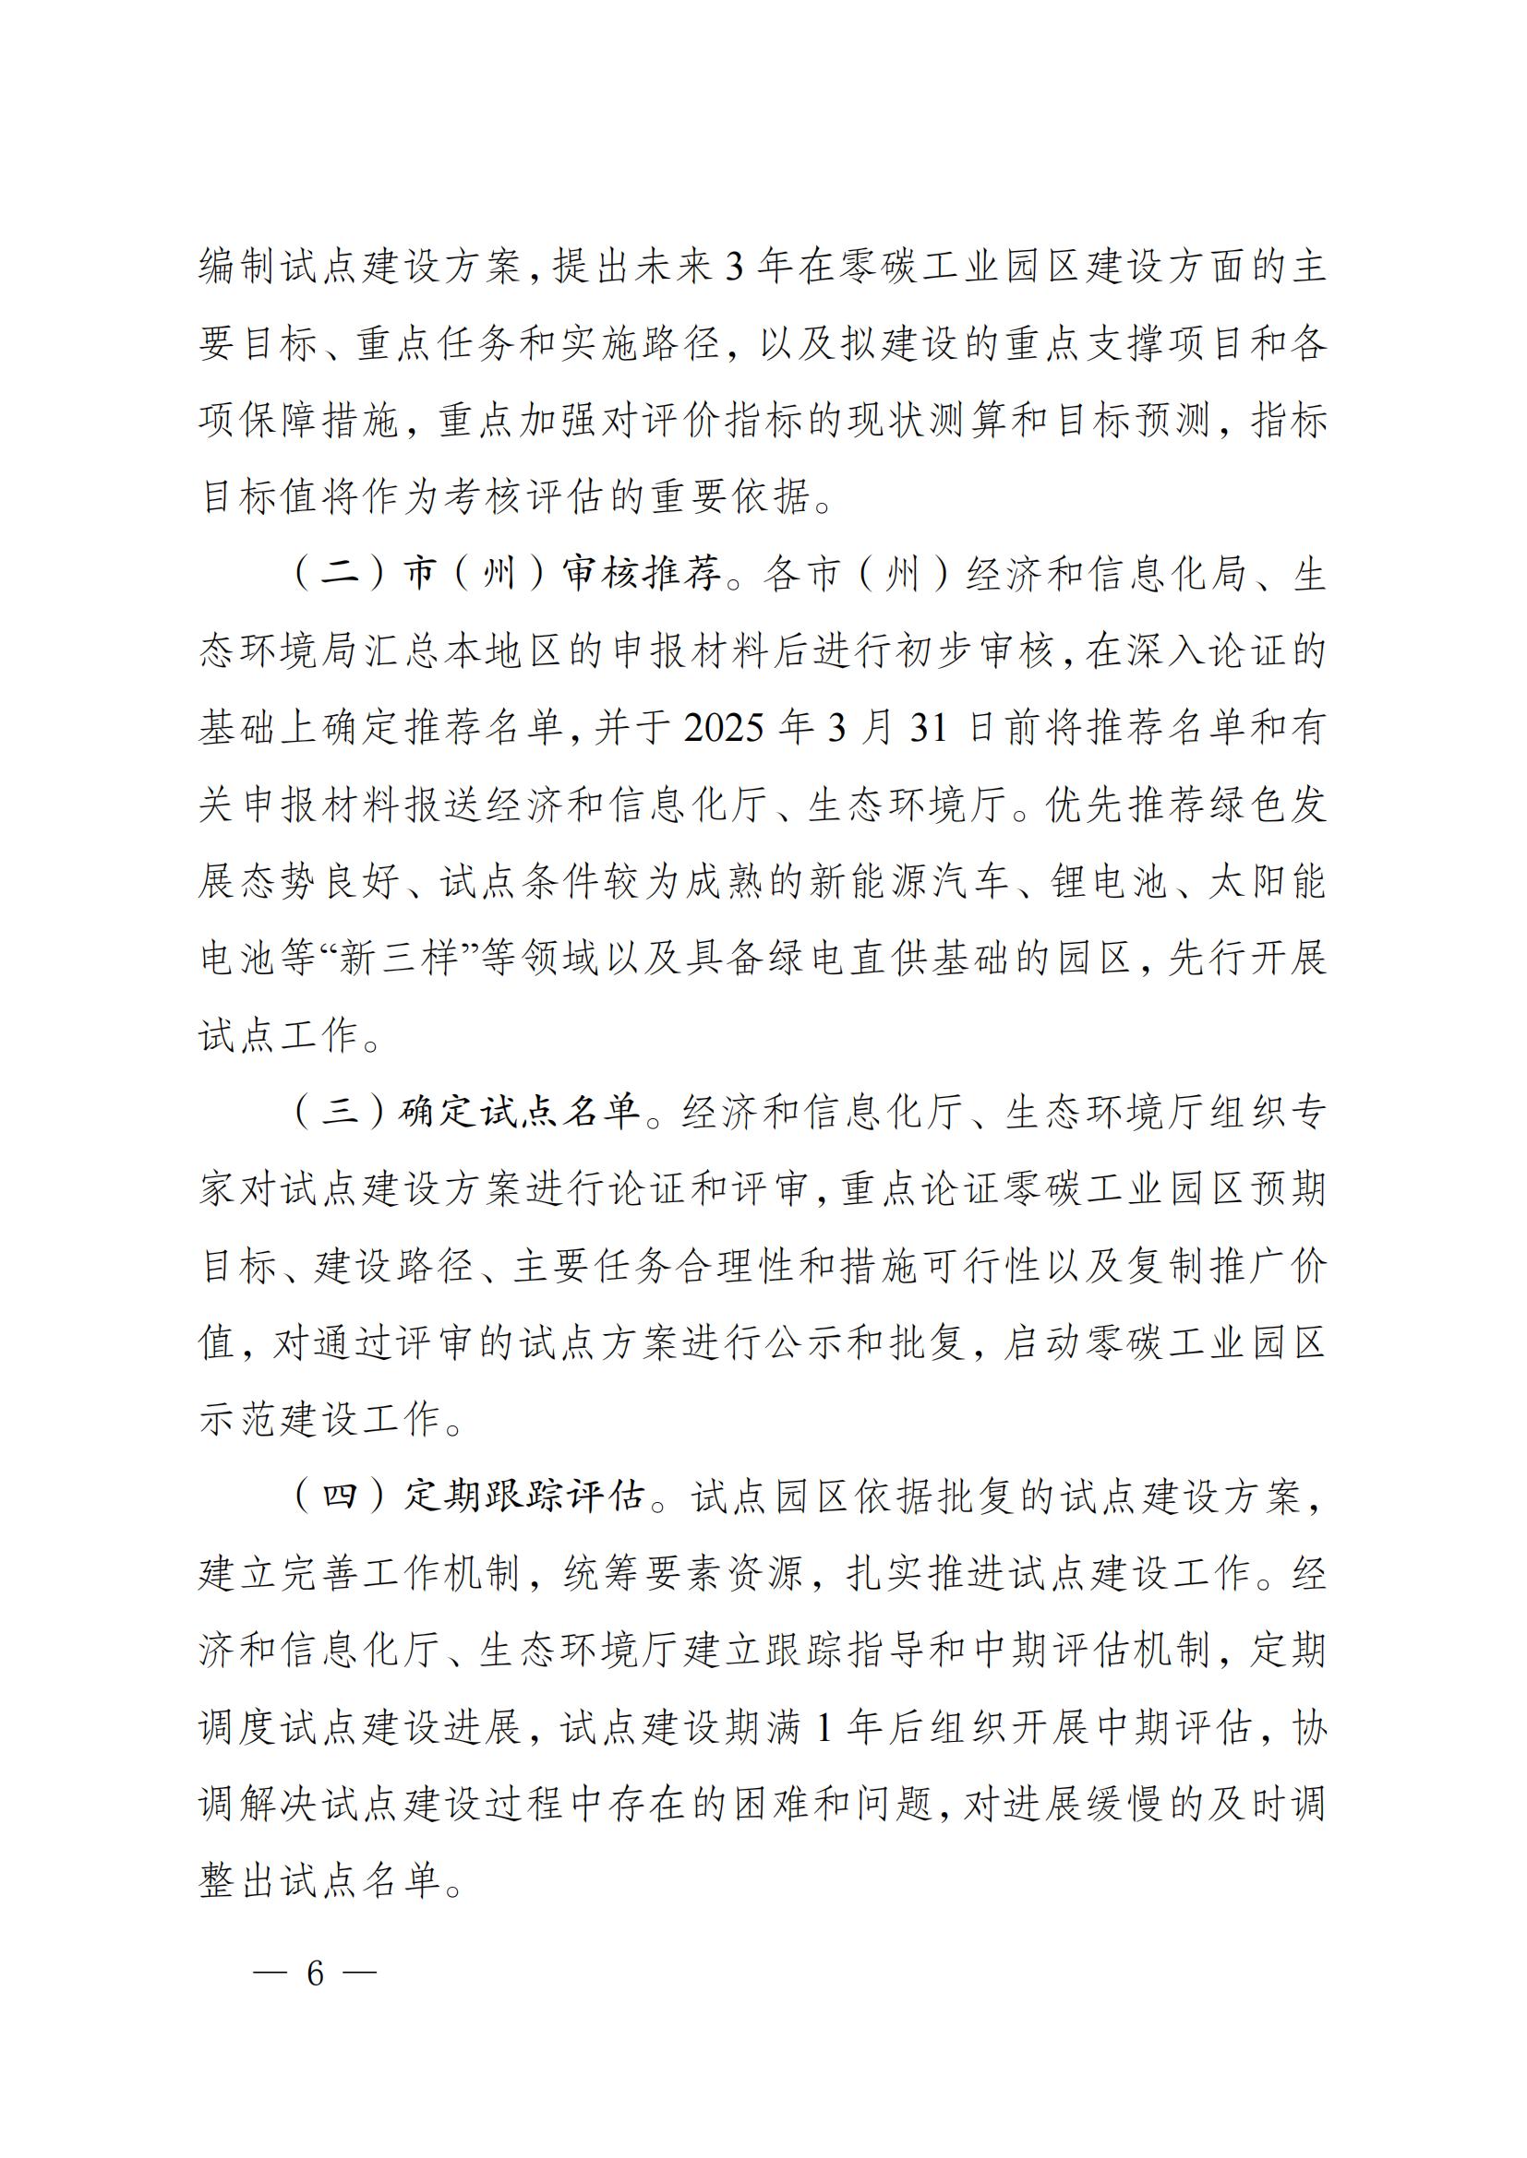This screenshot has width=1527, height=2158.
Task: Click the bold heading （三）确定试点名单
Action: coord(468,1112)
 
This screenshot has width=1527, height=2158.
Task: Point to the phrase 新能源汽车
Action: coord(908,882)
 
